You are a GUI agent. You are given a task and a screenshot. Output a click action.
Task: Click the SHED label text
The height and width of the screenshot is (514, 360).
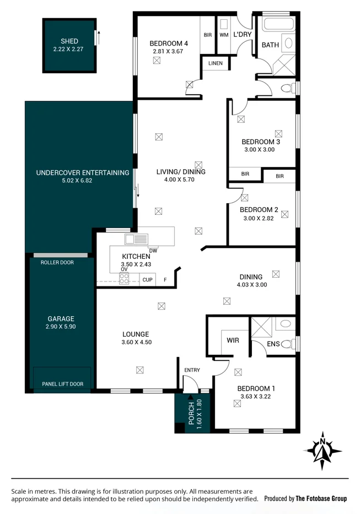69,41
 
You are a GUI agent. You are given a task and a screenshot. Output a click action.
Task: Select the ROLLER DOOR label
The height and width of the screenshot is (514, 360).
57,263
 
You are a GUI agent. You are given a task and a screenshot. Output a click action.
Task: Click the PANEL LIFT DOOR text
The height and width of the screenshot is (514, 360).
62,384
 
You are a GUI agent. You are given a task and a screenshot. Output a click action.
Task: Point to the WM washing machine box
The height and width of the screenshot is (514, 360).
224,34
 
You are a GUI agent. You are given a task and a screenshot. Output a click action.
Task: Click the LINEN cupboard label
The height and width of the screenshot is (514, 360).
216,63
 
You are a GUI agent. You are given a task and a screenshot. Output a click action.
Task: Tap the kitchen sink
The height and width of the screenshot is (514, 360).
135,239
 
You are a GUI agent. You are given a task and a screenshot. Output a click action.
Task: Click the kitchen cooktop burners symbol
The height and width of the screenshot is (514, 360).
124,279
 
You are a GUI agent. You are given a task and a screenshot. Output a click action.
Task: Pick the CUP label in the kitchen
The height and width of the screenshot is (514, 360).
147,280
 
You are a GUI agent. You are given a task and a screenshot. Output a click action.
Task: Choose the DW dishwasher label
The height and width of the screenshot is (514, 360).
153,251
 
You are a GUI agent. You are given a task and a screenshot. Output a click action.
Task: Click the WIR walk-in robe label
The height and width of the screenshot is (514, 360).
233,340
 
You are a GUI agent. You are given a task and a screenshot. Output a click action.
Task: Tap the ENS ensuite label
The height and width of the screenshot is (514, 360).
273,344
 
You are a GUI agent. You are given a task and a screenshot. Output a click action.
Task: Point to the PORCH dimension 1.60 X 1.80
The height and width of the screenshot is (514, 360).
200,414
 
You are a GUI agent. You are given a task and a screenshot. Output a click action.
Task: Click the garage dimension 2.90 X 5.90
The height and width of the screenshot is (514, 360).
61,327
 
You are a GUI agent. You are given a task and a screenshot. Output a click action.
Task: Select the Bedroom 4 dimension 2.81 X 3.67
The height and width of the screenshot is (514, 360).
168,51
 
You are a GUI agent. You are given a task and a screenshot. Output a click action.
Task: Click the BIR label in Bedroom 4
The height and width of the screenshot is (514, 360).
207,35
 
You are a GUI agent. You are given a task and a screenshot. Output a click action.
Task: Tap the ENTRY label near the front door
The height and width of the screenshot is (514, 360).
192,370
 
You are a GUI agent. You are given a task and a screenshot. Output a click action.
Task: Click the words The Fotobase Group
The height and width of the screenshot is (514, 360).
321,499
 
